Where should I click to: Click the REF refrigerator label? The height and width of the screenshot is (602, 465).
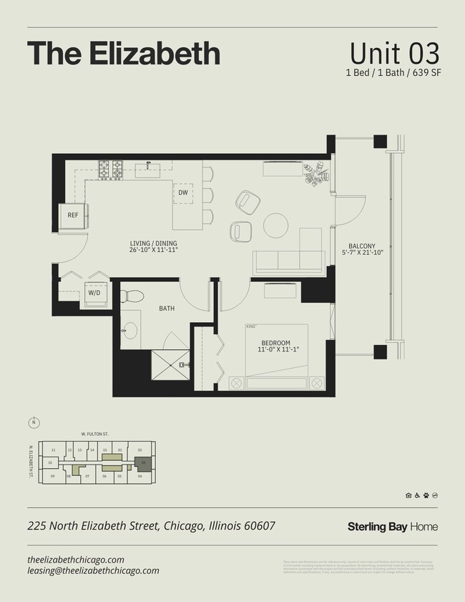point(73,215)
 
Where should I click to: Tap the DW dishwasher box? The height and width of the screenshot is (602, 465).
point(183,193)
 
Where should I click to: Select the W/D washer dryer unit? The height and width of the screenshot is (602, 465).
point(94,293)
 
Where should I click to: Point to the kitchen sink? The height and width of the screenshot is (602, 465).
point(151,169)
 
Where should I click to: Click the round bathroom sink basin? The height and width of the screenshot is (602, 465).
point(130,330)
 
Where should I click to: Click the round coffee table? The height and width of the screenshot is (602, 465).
point(276,225)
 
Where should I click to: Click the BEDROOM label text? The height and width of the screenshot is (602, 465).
point(275,343)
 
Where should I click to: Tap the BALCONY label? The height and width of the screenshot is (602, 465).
point(362,246)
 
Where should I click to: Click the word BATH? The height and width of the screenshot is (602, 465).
point(167,309)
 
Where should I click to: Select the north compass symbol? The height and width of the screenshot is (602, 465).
point(33,421)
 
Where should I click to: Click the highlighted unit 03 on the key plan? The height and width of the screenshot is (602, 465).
point(143,462)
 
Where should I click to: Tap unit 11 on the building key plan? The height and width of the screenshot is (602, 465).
point(53,450)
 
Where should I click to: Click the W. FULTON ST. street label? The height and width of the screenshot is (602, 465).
point(94,433)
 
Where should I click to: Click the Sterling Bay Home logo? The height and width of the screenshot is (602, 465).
point(392,527)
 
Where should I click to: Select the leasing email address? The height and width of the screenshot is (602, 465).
point(93,571)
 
